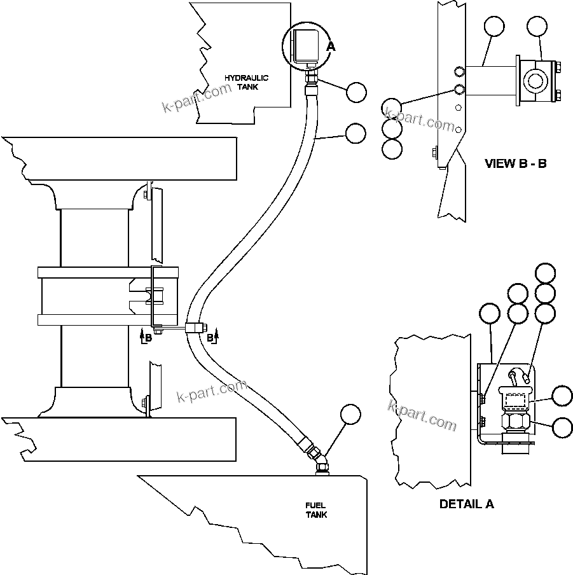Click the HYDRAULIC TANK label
pyautogui.click(x=247, y=82)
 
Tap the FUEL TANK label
pyautogui.click(x=315, y=509)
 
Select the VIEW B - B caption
pyautogui.click(x=516, y=163)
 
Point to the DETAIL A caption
pyautogui.click(x=467, y=504)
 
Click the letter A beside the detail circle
pyautogui.click(x=330, y=46)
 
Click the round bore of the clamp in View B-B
pyautogui.click(x=533, y=80)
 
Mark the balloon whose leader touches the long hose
pyautogui.click(x=356, y=133)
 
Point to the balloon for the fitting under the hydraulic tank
pyautogui.click(x=357, y=92)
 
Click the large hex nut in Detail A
pyautogui.click(x=516, y=421)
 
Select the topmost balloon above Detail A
pyautogui.click(x=545, y=274)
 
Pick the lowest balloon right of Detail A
pyautogui.click(x=562, y=427)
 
